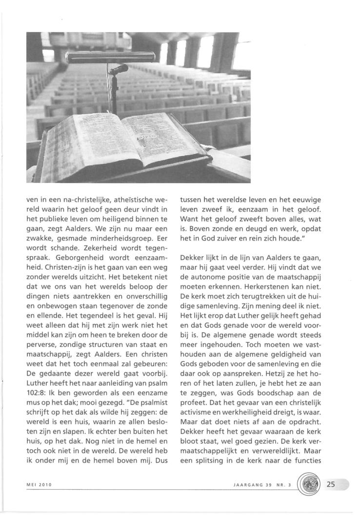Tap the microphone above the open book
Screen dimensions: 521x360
pos(119,70)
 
